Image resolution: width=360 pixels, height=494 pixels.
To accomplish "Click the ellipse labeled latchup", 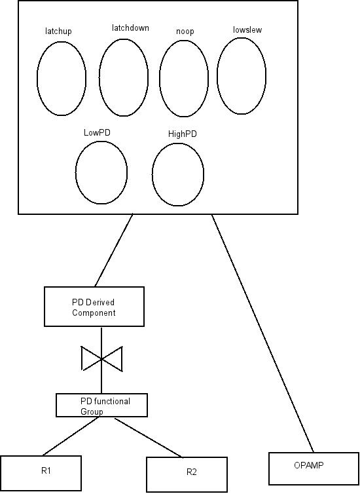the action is coord(37,79).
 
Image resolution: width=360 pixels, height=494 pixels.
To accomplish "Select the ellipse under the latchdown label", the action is coord(99,78).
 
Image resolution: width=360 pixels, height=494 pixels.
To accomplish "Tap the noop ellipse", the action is coord(160,79).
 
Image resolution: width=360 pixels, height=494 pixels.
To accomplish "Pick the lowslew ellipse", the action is coord(217,76).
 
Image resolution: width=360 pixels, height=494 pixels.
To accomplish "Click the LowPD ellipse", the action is coord(75,173).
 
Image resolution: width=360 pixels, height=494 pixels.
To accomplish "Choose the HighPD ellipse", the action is coord(153,174).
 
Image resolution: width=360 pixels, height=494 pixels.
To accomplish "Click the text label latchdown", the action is coord(130,28).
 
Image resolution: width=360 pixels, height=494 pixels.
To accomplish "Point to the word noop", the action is coord(185,31).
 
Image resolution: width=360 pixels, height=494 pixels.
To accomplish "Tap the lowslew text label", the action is coord(247,30).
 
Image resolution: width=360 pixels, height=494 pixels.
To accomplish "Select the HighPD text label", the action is coord(182,134).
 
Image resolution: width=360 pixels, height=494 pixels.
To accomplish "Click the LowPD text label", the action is coord(97,132).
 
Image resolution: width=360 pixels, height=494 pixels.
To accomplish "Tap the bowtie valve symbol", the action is coord(101,358).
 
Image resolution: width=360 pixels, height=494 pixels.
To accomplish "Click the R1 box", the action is coord(41,455).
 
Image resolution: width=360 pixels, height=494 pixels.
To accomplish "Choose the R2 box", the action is coord(187,457).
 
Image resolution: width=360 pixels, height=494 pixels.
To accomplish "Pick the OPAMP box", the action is coord(314,453).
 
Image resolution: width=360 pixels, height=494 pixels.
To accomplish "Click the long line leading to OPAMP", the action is coord(262,333).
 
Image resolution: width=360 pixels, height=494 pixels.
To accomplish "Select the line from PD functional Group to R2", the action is coord(148,438).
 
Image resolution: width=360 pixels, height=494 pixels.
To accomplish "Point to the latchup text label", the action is coord(58,31).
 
